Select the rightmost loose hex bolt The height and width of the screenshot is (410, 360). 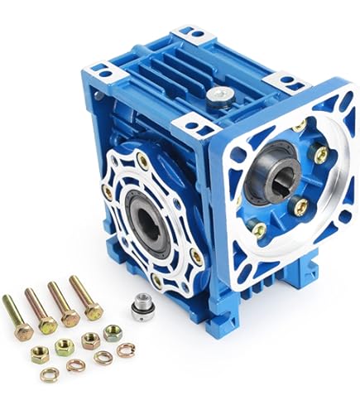(x=86, y=299)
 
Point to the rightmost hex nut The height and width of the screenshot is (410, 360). (x=113, y=333)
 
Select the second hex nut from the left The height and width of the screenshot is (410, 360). (x=65, y=347)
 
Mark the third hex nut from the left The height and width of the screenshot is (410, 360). (x=89, y=340)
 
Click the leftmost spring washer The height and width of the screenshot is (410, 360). (x=50, y=374)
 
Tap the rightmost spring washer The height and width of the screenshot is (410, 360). (x=125, y=350)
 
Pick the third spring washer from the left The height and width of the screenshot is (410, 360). (x=103, y=358)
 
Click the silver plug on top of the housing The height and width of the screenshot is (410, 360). (x=218, y=95)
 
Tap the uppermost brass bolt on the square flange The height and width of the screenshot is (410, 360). (x=297, y=126)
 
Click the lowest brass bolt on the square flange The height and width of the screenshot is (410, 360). (x=259, y=229)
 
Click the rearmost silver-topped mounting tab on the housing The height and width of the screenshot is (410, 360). (x=193, y=36)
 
